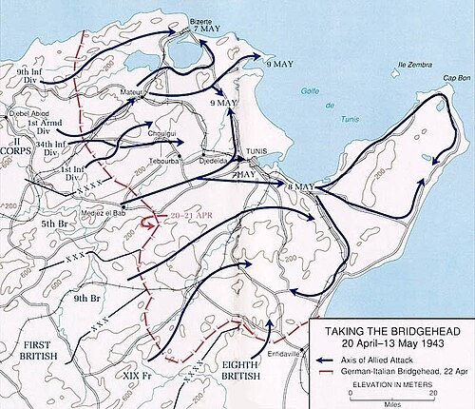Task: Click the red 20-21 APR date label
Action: coord(186,217)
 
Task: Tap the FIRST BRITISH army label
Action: coord(29,349)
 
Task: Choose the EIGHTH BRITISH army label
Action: coord(256,368)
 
